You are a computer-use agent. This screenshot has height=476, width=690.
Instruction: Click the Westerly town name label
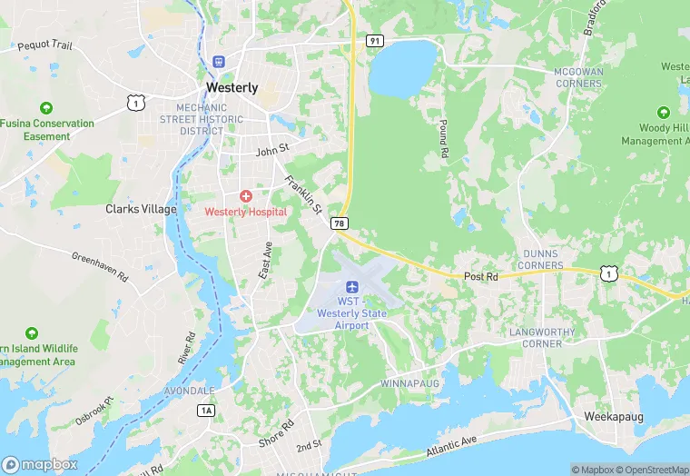tap(232, 88)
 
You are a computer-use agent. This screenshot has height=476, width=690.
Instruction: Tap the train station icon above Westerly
tap(218, 62)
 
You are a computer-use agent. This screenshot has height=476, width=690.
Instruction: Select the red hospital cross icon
tap(245, 196)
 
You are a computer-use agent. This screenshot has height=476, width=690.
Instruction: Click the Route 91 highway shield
tap(374, 41)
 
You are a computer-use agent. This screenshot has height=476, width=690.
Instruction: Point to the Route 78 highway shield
tap(340, 223)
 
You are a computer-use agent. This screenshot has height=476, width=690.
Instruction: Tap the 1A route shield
tap(206, 411)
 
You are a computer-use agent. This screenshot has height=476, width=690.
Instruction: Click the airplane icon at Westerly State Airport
tap(352, 287)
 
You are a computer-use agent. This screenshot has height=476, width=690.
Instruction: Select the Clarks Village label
tap(141, 209)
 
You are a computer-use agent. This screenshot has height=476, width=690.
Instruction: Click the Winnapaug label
tap(409, 383)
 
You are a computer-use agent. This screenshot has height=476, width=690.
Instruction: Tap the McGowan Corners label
tap(577, 77)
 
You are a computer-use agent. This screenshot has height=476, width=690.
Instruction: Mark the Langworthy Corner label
tap(542, 338)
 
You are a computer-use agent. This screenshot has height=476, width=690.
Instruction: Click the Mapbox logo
tap(41, 464)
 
